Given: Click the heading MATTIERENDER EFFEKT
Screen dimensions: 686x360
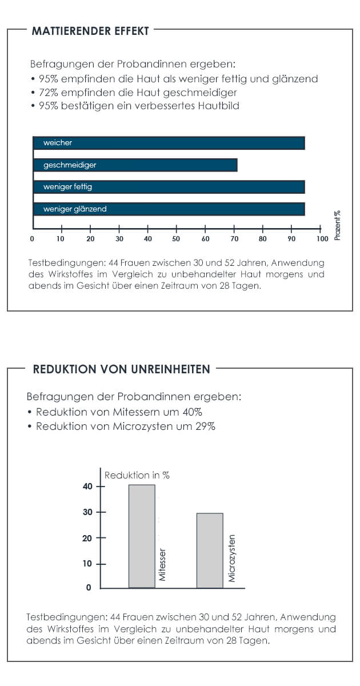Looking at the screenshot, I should (x=91, y=31).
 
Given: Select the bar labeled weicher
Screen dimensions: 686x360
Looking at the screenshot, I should (x=169, y=143).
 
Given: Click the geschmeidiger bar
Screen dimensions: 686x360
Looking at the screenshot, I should (x=135, y=165).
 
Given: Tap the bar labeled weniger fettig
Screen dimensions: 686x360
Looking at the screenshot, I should (x=169, y=187).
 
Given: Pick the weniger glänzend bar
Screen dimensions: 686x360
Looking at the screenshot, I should (x=169, y=209).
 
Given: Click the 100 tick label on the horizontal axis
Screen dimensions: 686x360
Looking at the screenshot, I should (x=322, y=238).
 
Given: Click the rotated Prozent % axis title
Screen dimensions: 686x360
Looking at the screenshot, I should (x=337, y=225).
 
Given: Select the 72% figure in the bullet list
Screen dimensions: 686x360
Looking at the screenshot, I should (x=49, y=92).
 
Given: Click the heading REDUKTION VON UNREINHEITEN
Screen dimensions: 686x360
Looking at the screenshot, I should (x=122, y=369).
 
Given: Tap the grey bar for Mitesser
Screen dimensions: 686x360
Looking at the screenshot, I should (x=142, y=536).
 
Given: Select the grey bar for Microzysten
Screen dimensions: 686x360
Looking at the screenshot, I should (x=210, y=550).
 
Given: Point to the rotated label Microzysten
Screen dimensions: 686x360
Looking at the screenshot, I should (x=232, y=559).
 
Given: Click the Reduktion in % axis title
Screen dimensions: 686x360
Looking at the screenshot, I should (x=137, y=475).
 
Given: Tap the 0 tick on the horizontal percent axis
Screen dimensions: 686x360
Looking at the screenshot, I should (x=32, y=238).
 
